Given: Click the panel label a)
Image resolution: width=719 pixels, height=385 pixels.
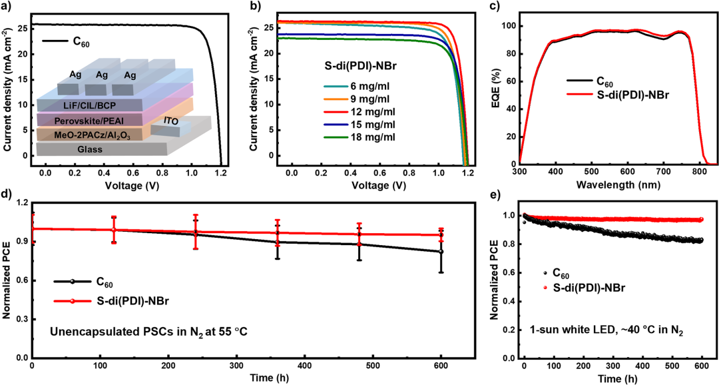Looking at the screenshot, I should (7, 7).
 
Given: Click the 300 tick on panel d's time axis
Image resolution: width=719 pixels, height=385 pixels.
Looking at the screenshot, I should (236, 366).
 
